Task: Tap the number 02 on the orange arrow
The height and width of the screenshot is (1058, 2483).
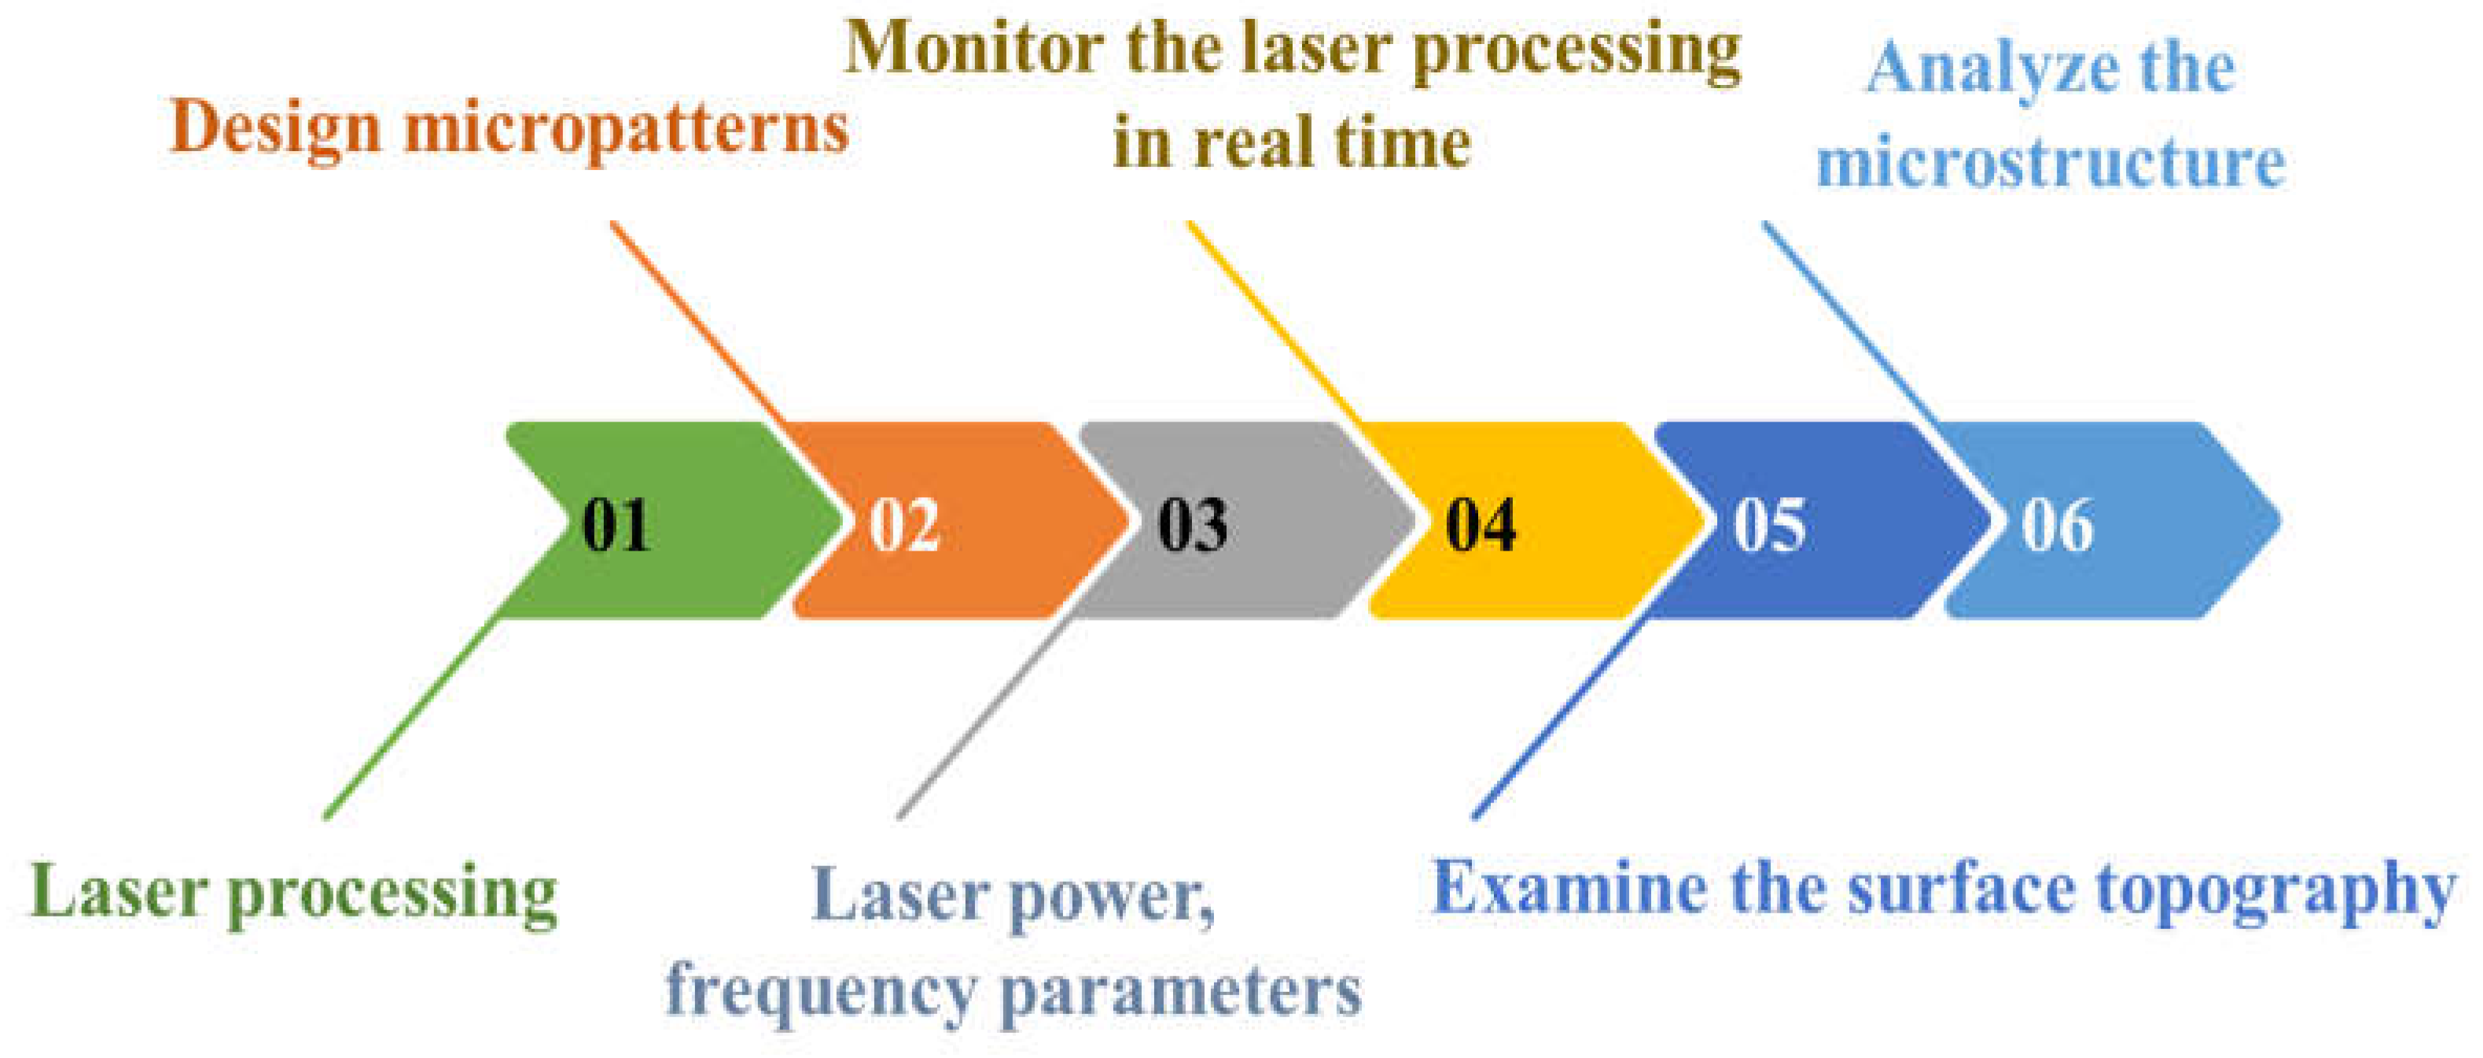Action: point(903,525)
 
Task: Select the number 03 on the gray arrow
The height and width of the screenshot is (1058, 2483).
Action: point(1192,525)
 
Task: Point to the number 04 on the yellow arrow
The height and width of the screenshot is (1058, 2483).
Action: point(1481,525)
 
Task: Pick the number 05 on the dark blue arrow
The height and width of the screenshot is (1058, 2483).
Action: point(1769,525)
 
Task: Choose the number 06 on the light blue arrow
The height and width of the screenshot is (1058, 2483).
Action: point(2057,525)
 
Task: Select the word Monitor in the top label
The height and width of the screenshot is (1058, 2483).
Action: point(973,48)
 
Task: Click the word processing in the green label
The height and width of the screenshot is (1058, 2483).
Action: point(392,894)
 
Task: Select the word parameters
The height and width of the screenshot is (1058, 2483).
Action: point(1181,991)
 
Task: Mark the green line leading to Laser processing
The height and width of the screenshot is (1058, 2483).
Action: point(414,718)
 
